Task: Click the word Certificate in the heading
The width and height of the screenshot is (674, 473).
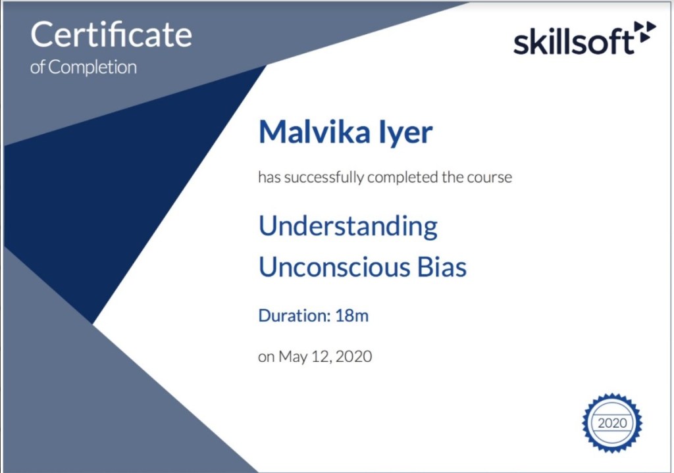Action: [x=111, y=35]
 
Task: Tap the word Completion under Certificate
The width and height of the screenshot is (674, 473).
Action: [x=92, y=68]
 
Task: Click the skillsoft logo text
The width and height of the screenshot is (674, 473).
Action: [x=573, y=41]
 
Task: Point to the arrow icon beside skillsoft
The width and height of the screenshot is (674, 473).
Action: [x=645, y=32]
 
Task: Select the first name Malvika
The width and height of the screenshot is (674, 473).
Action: [x=315, y=132]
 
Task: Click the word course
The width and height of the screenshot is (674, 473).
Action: [x=489, y=178]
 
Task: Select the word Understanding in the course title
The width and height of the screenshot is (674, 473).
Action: [x=348, y=226]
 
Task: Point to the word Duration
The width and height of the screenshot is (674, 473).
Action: [x=294, y=316]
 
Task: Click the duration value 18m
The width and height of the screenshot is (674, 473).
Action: [x=351, y=316]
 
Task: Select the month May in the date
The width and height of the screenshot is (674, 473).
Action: [x=292, y=357]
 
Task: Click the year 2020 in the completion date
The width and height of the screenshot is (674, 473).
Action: [x=353, y=357]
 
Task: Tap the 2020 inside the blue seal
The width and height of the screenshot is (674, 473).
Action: [x=612, y=423]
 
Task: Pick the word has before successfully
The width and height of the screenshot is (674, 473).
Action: [x=269, y=178]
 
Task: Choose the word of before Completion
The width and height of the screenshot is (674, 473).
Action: [x=38, y=68]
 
